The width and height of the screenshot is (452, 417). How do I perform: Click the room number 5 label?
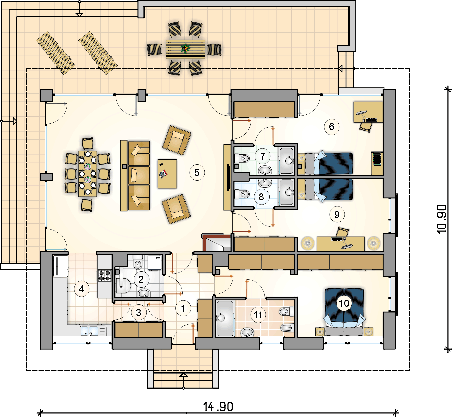(197, 173)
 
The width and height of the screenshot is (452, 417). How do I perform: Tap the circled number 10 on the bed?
(344, 303)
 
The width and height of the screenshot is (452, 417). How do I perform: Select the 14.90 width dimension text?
(218, 407)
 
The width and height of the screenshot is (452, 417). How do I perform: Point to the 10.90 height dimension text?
(442, 219)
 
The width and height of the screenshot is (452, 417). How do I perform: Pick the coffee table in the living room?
(167, 174)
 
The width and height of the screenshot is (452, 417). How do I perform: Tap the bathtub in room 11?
(225, 318)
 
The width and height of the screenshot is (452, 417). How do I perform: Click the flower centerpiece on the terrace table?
(186, 48)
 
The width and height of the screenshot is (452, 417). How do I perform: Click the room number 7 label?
(263, 156)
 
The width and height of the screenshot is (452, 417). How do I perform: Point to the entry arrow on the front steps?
(184, 381)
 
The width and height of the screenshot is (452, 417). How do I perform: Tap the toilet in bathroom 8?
(242, 194)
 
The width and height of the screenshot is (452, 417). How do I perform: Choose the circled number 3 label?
(138, 313)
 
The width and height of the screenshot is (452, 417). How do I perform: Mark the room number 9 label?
(337, 214)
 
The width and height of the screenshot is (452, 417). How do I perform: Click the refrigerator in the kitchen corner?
(60, 266)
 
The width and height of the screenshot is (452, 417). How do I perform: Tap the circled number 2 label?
(141, 279)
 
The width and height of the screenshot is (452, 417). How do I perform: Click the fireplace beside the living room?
(216, 243)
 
